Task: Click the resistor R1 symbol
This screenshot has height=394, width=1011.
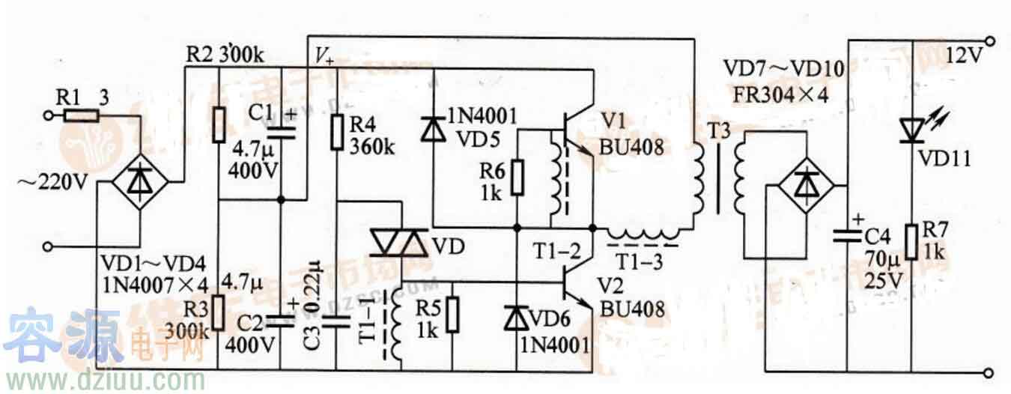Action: point(80,115)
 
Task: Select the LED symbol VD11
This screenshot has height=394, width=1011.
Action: point(912,130)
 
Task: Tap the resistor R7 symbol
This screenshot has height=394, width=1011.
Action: point(912,241)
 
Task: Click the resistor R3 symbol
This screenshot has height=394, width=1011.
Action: point(218,313)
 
